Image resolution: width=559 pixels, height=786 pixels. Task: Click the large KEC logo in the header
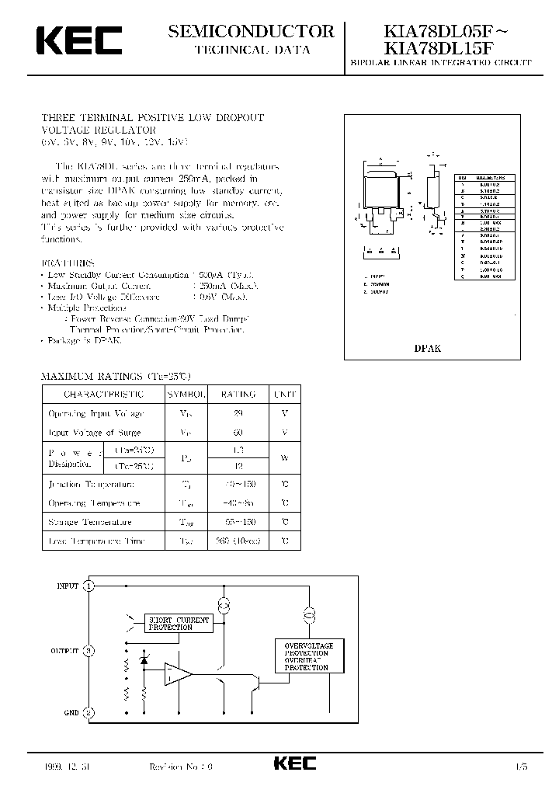pos(77,40)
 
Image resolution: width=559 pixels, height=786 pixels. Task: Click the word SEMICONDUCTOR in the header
pos(251,32)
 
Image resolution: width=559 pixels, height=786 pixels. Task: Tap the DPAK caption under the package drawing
pos(429,349)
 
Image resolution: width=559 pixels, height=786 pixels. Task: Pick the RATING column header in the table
pos(238,395)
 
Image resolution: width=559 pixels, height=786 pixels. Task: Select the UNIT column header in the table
pos(285,395)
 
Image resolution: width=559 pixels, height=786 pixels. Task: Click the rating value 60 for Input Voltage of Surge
pos(238,432)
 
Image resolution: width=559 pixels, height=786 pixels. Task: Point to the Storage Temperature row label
pos(90,522)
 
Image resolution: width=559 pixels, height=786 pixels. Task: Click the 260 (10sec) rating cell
pos(238,541)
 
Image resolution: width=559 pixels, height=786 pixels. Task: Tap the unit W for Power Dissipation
pos(285,458)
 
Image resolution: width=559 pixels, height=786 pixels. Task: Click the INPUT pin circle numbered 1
pos(89,586)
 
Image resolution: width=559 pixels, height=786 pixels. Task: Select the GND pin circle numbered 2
pos(89,712)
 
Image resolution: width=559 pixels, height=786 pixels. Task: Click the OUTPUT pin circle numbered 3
pos(89,651)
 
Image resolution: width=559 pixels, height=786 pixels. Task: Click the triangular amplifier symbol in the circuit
pos(177,673)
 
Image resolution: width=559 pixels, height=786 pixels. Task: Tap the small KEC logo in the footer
pos(294,764)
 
